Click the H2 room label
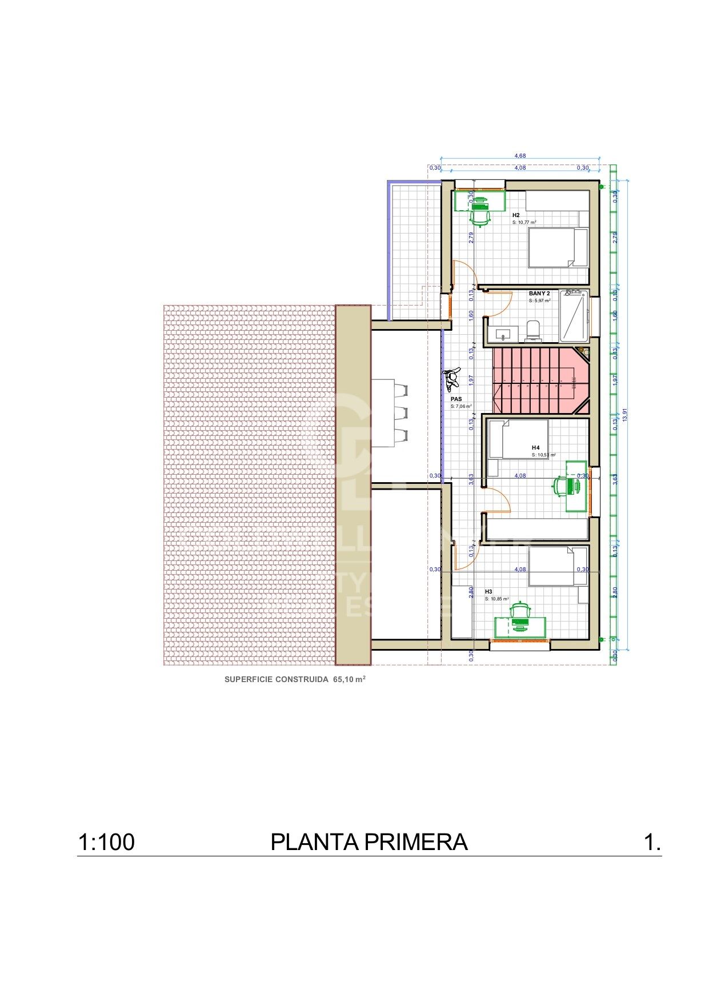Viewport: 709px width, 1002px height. pyautogui.click(x=515, y=215)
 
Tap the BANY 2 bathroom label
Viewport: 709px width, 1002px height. pyautogui.click(x=539, y=293)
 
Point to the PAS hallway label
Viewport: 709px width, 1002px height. pyautogui.click(x=456, y=399)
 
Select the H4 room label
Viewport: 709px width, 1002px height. pyautogui.click(x=535, y=447)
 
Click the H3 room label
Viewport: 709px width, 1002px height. pyautogui.click(x=488, y=592)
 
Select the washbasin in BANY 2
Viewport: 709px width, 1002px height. pyautogui.click(x=503, y=334)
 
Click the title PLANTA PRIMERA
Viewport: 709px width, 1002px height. pyautogui.click(x=368, y=842)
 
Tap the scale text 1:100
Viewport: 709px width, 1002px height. pyautogui.click(x=106, y=842)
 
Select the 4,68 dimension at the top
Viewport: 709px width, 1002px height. pyautogui.click(x=520, y=155)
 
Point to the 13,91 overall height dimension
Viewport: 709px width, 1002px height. pyautogui.click(x=625, y=415)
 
